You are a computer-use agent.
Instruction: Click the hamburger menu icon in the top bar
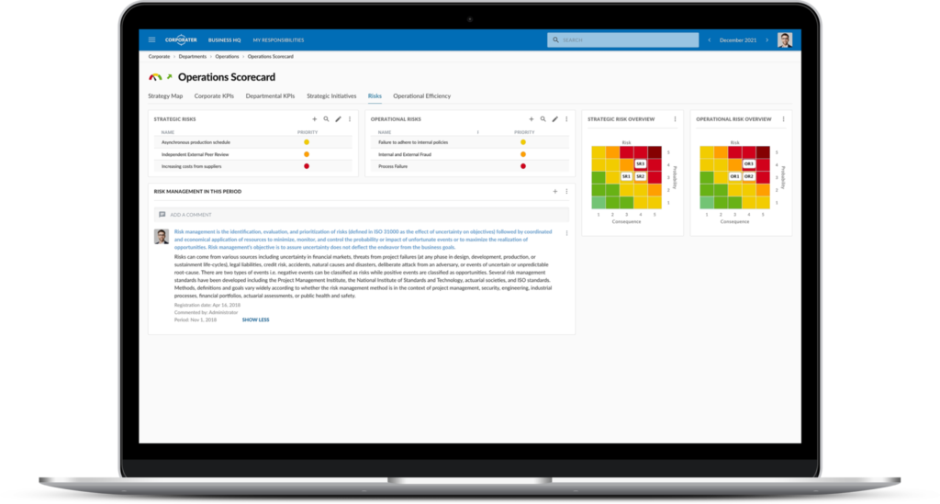point(151,40)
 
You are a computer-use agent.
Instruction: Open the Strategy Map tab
point(165,95)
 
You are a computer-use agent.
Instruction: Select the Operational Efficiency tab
point(421,95)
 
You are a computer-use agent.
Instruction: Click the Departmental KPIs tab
point(270,95)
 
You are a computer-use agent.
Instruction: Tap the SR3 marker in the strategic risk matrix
point(641,163)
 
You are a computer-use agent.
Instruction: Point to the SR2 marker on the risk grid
point(641,176)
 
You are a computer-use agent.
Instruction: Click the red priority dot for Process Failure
point(523,166)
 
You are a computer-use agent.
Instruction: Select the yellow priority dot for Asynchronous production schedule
point(307,142)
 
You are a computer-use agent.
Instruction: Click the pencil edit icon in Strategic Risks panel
point(338,119)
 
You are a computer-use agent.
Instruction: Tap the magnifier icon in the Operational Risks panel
point(543,119)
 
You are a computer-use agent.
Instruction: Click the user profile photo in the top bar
point(784,40)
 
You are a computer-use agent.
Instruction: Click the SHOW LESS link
point(255,320)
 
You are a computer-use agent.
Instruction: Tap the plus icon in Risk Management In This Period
point(555,191)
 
